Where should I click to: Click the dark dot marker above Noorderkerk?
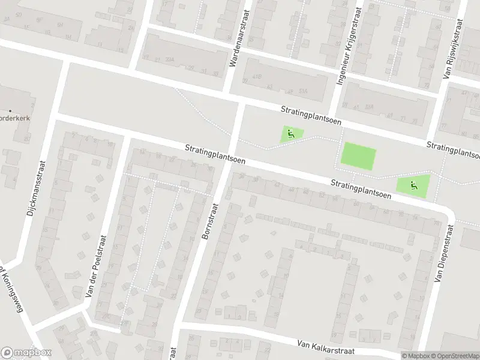click(11, 110)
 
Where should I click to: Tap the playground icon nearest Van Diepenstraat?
click(413, 185)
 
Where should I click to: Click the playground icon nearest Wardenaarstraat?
click(292, 134)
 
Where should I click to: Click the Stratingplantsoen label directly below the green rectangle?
click(359, 188)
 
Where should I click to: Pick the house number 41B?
click(257, 77)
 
